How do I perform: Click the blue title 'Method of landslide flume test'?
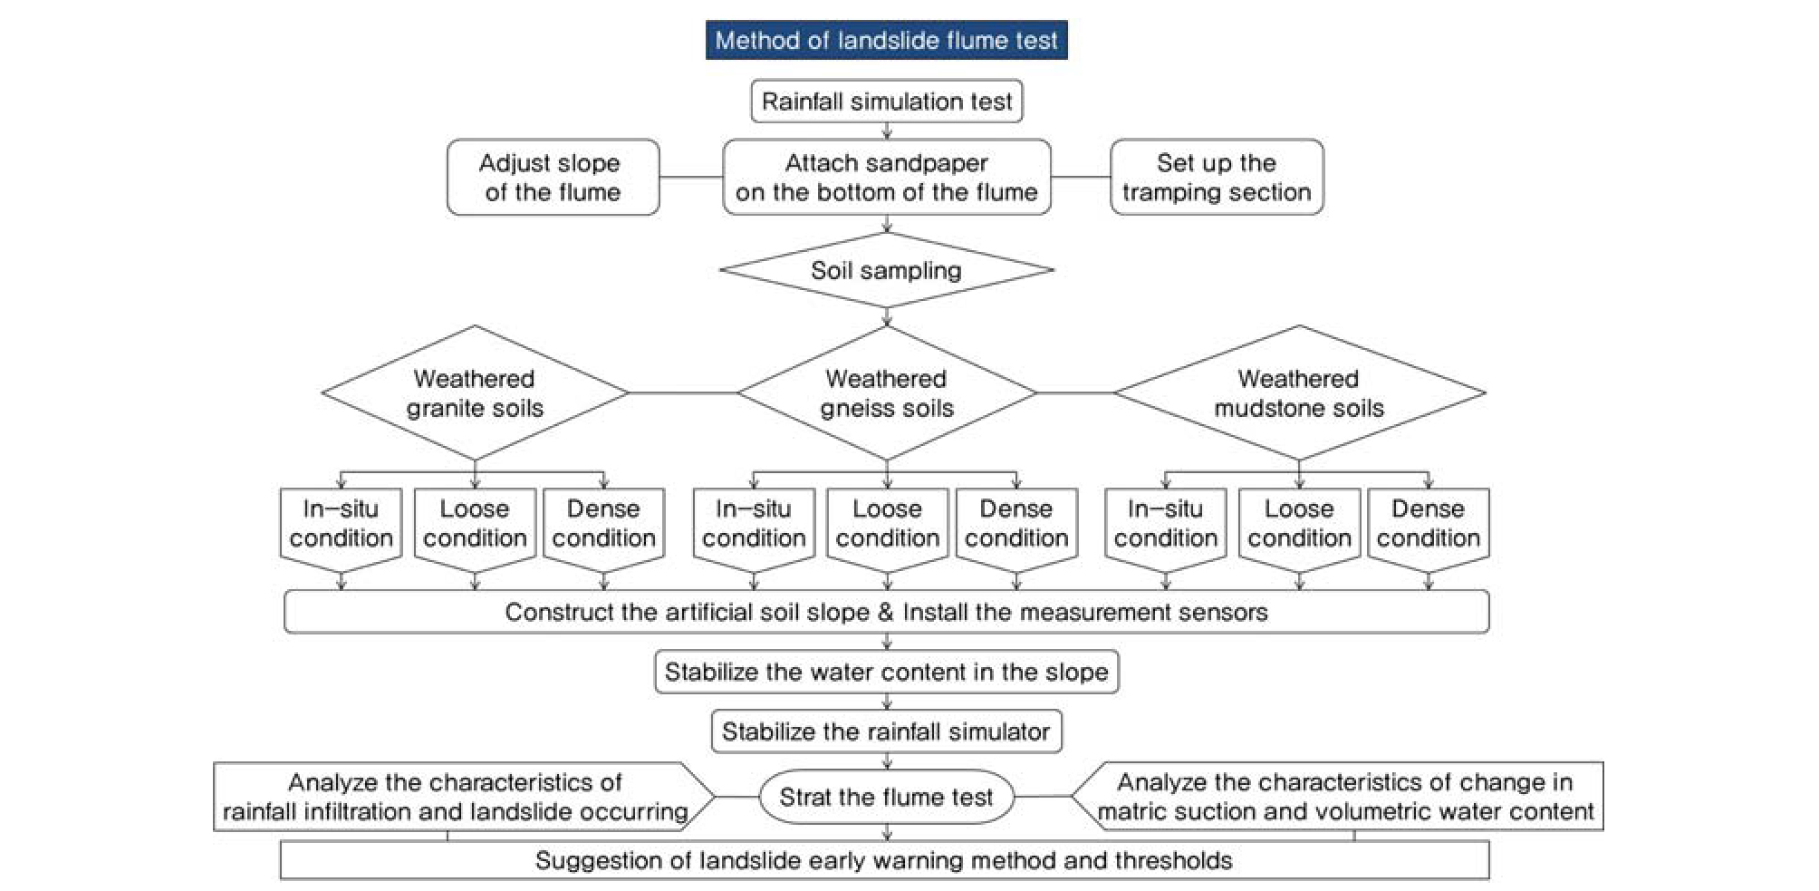tap(886, 41)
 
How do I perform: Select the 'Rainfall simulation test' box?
tap(886, 102)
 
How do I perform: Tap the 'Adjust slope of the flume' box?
tap(553, 178)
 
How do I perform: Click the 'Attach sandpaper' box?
tap(886, 178)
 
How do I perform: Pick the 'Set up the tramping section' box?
tap(1216, 178)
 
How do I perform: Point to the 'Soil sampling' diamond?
tap(886, 270)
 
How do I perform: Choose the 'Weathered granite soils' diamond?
tap(475, 393)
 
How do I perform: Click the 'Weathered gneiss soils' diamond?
tap(886, 393)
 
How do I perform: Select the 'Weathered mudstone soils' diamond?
tap(1299, 393)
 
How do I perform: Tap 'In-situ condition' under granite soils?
tap(341, 524)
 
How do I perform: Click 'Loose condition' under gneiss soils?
tap(887, 524)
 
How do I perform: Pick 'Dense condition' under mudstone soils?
tap(1428, 524)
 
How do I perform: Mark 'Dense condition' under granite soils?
tap(603, 524)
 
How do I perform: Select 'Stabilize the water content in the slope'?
tap(886, 673)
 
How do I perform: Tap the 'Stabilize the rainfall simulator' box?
tap(886, 732)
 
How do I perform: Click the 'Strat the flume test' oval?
tap(886, 798)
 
